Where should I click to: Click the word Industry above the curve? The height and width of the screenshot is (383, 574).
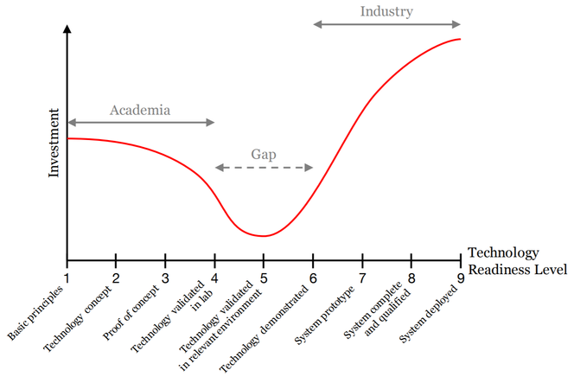tap(386, 11)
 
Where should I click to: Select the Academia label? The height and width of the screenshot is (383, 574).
tap(140, 110)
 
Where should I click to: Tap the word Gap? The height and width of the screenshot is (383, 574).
tap(264, 153)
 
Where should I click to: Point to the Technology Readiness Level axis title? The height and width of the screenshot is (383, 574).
tap(516, 260)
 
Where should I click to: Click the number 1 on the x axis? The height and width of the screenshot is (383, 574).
tap(67, 277)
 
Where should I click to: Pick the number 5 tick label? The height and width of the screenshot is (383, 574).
tap(264, 277)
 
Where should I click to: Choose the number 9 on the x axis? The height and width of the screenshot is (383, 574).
tap(461, 277)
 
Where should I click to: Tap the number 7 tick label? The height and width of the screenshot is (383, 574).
tap(362, 277)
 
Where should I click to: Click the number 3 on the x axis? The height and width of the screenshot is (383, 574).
tap(165, 277)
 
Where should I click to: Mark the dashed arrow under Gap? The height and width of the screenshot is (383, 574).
tap(264, 167)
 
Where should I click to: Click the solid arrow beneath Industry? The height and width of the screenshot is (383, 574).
tap(386, 25)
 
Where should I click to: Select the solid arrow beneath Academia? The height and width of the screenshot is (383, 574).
tap(140, 123)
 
